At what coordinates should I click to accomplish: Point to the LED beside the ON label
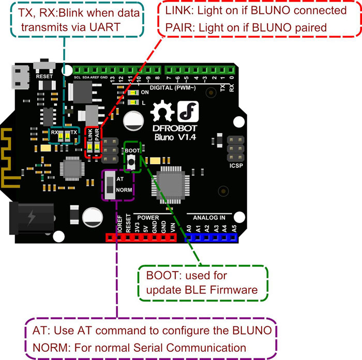[x=133, y=92]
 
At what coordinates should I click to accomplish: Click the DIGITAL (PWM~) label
[x=173, y=88]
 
